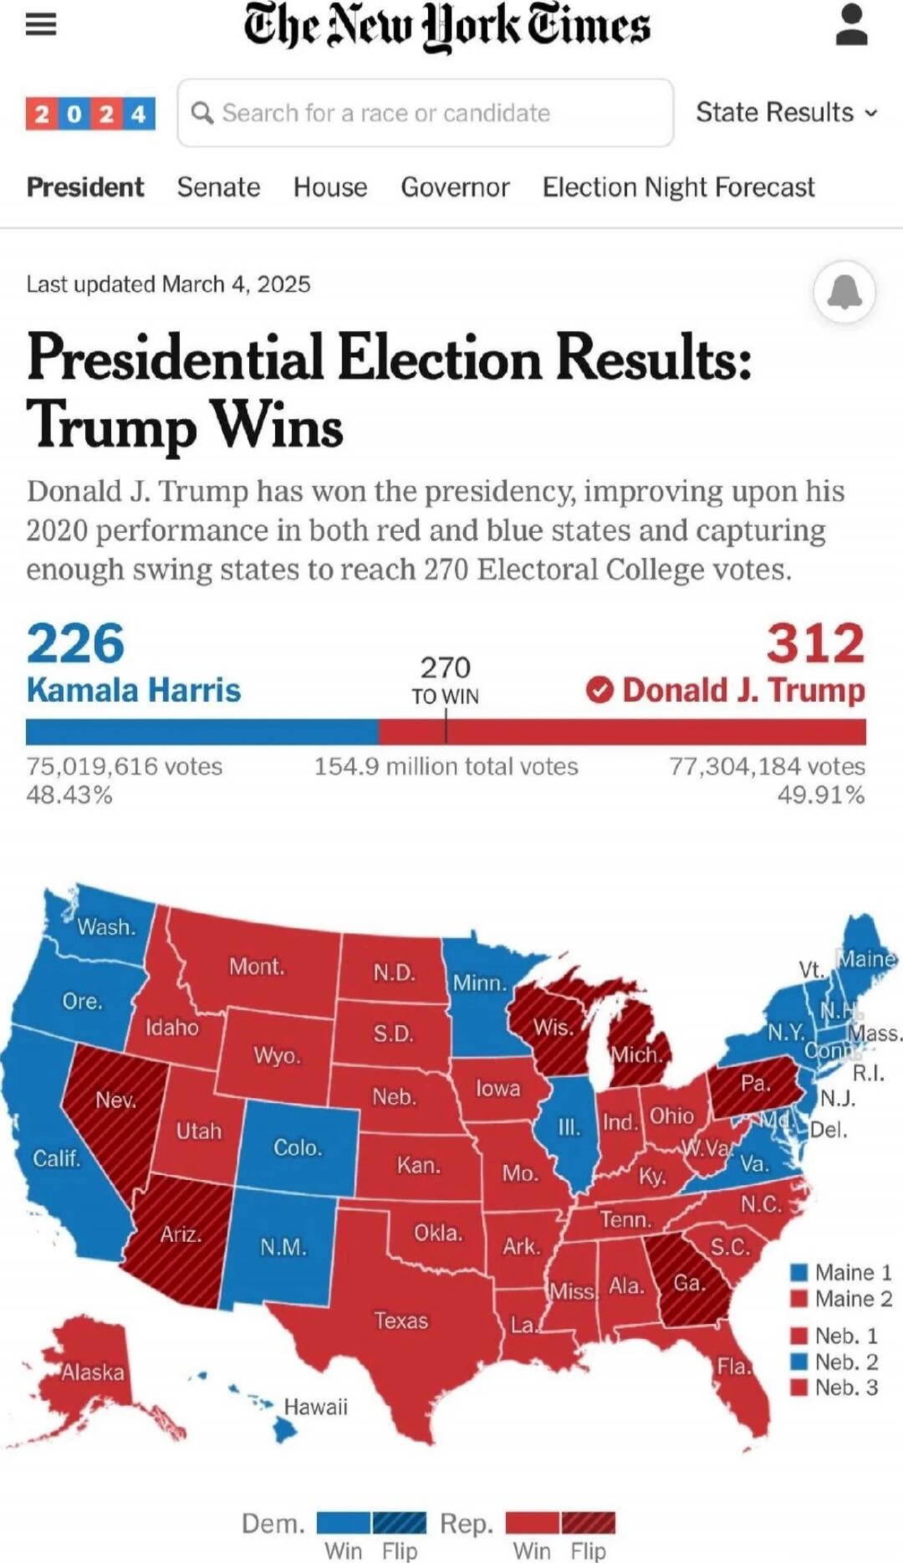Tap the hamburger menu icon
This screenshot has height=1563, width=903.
(x=40, y=25)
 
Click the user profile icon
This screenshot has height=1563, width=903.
(x=851, y=25)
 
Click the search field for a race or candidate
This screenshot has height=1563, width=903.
(x=425, y=113)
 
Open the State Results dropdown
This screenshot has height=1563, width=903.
(x=786, y=112)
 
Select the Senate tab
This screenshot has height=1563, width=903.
(x=218, y=187)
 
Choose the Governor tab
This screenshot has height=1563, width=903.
(x=455, y=187)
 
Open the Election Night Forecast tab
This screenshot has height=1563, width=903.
(x=678, y=187)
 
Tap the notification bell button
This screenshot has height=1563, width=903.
(x=844, y=291)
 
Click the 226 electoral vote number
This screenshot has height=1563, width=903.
(x=75, y=643)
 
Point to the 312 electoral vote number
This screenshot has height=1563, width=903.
(x=815, y=643)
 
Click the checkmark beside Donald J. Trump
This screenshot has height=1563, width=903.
(x=599, y=691)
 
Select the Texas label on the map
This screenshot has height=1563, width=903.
(x=400, y=1320)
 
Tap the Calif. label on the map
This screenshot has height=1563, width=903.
(x=56, y=1158)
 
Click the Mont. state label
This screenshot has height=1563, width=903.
(x=257, y=967)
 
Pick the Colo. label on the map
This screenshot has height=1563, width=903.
(x=298, y=1147)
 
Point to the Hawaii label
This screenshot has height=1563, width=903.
(x=315, y=1407)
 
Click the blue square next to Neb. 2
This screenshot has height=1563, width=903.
(x=799, y=1361)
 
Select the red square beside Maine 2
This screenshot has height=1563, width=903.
(x=799, y=1299)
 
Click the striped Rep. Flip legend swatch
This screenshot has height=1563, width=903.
(x=589, y=1522)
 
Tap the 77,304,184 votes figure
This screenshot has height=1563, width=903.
(x=767, y=766)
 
